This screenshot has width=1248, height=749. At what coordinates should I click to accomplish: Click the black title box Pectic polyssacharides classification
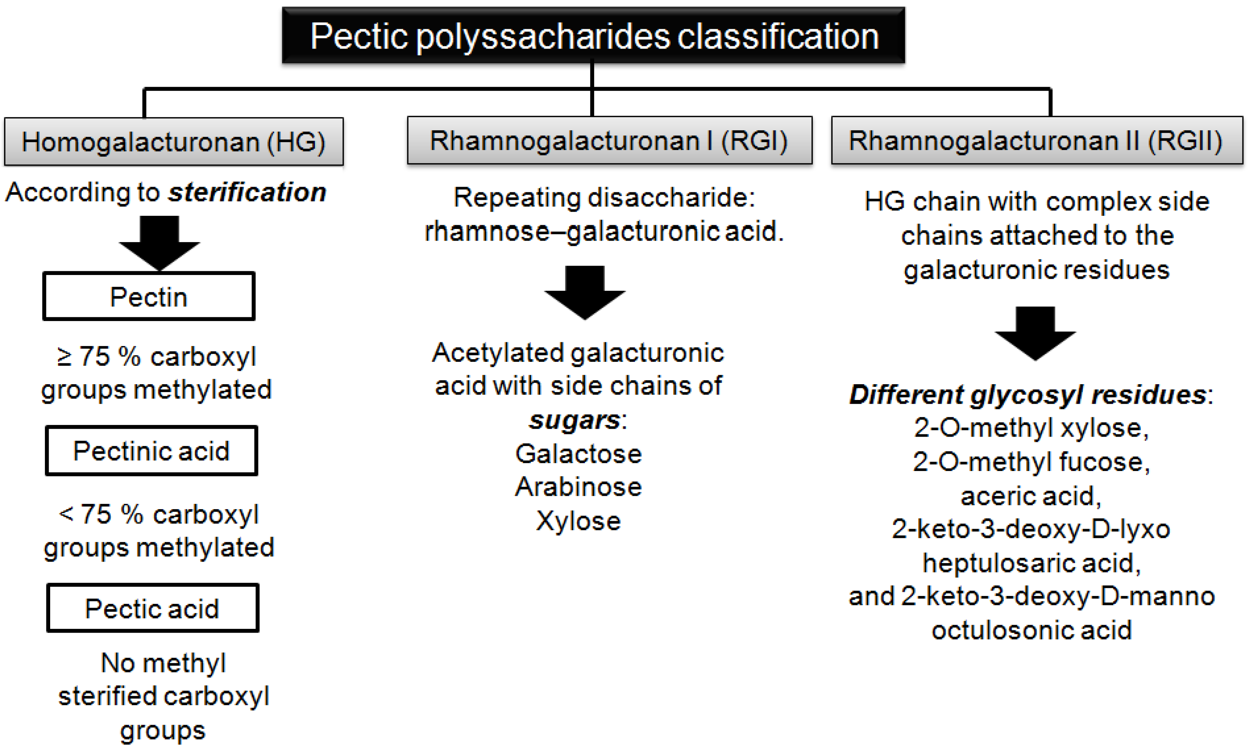click(x=593, y=35)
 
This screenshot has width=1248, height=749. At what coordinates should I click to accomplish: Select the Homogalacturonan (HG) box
click(x=174, y=142)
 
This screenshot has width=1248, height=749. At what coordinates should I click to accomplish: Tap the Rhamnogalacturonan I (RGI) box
click(x=609, y=140)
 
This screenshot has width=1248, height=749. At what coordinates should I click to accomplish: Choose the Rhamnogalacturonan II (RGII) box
click(x=1036, y=140)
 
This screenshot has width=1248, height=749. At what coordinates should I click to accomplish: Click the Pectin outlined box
click(x=149, y=296)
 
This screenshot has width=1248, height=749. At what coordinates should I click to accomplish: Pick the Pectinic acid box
click(x=152, y=451)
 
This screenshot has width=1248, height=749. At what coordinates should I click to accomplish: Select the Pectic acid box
click(x=152, y=608)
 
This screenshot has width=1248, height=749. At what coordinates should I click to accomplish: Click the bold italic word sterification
click(x=247, y=192)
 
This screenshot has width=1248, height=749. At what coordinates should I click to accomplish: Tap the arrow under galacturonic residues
click(x=1035, y=332)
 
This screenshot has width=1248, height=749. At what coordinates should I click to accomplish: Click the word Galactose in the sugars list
click(x=578, y=453)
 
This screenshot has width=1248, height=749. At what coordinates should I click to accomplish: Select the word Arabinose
click(x=578, y=487)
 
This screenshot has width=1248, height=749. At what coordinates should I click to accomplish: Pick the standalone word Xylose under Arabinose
click(x=578, y=521)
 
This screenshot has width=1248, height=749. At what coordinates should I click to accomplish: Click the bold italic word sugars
click(x=574, y=420)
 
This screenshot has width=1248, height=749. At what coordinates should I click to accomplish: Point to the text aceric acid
click(x=1030, y=496)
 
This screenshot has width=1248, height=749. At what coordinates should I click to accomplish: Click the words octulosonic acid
click(x=1031, y=630)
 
